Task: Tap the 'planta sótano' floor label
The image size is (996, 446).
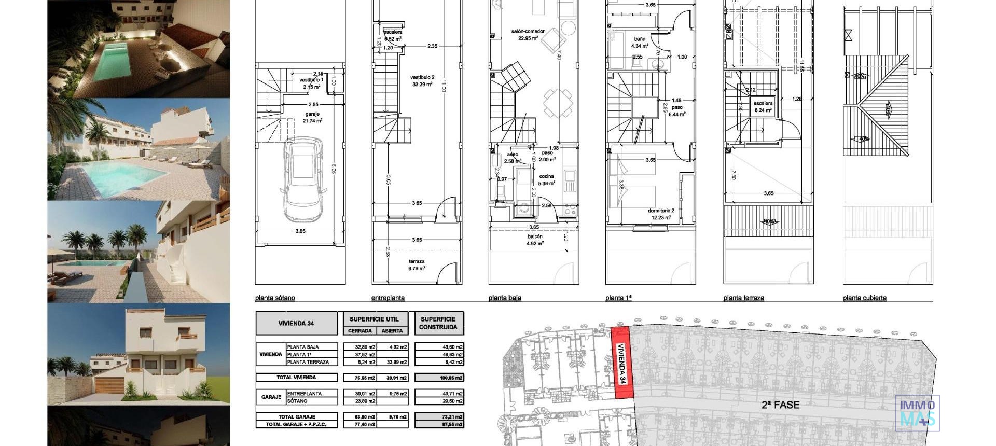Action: coord(275,298)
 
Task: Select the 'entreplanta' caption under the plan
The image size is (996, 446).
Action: coord(388,298)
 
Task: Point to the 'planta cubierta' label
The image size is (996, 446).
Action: coord(864,298)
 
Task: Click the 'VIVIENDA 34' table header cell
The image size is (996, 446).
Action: coord(296,323)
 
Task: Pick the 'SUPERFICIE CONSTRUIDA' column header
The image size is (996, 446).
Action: coord(438,323)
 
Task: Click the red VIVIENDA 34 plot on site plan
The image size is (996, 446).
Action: coord(621,363)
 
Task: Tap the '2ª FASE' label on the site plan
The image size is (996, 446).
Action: coord(780,405)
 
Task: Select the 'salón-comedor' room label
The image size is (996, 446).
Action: coord(528,32)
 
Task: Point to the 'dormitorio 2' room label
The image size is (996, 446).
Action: coord(661,211)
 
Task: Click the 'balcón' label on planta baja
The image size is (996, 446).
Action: coord(534,236)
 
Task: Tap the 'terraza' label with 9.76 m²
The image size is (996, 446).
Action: coord(417,262)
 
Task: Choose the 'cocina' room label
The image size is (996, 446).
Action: coord(546,176)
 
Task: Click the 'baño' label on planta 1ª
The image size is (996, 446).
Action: coord(639,39)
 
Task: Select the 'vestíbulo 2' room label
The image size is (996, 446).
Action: coord(422,77)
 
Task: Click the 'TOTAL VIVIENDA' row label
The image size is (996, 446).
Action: coord(296,378)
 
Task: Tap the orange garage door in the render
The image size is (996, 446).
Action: coord(109,385)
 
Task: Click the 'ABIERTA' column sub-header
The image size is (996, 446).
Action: coord(392,331)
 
